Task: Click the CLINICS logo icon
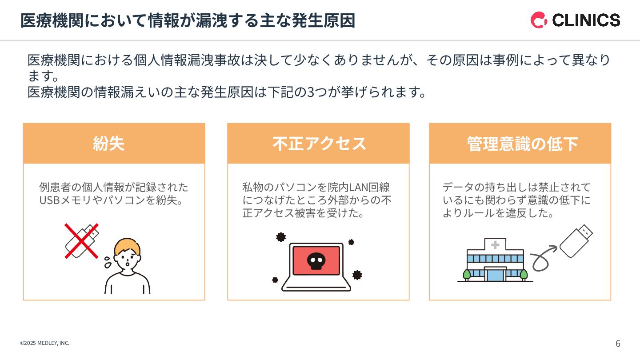539,20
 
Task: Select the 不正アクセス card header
318,143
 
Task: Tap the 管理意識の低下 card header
520,143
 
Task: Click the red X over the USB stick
81,240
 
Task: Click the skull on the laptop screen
316,262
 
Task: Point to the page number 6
618,344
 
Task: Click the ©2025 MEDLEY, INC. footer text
44,343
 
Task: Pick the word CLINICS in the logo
586,20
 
